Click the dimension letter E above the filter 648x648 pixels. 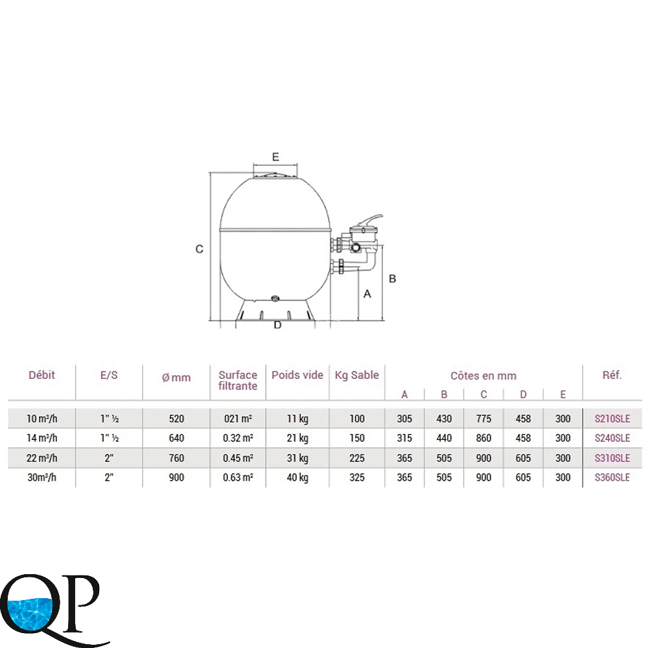point(275,157)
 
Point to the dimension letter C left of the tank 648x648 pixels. point(199,249)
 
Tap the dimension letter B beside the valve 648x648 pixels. point(393,279)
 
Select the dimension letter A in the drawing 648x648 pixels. point(367,294)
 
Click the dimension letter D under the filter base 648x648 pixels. point(278,325)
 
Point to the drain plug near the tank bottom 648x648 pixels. point(275,298)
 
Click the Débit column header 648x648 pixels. point(41,375)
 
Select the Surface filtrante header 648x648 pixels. point(238,380)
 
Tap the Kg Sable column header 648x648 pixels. point(356,375)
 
